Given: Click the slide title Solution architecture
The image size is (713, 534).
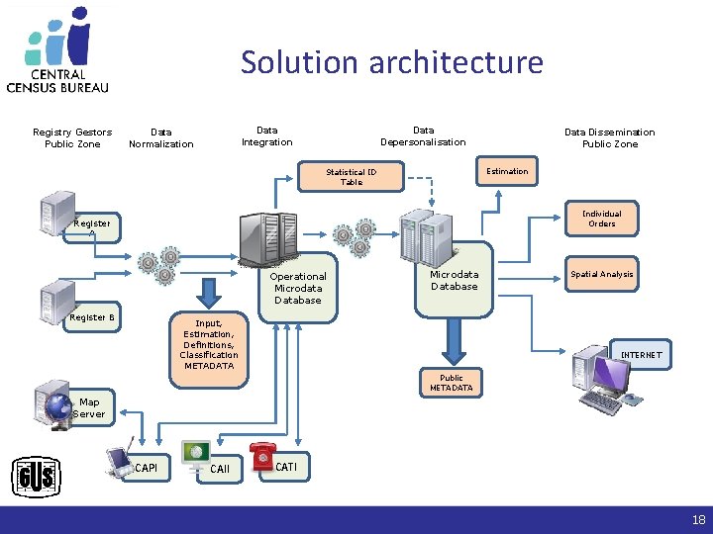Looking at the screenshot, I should pos(391,62).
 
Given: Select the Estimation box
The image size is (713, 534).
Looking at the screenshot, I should pos(507,171).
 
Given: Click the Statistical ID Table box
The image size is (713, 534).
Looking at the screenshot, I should pos(352,176).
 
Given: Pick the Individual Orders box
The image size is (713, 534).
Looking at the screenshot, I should pos(601,219).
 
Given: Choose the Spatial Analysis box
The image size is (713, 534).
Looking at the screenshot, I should pos(601,274).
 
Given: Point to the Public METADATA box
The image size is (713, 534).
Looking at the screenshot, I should pos(452,383).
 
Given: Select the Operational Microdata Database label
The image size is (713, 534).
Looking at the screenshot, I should pos(297,288).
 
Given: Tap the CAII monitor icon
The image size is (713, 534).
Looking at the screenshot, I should pos(195,454).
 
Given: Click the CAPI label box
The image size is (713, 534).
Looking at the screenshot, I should pos(146,468).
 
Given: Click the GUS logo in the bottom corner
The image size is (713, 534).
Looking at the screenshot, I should pos(37,479).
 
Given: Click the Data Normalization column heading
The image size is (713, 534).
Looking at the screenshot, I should pos(161,137).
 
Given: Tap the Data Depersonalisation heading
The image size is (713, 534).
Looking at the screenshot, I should pos(423,135).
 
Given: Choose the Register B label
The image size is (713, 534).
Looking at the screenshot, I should pos(92,317).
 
